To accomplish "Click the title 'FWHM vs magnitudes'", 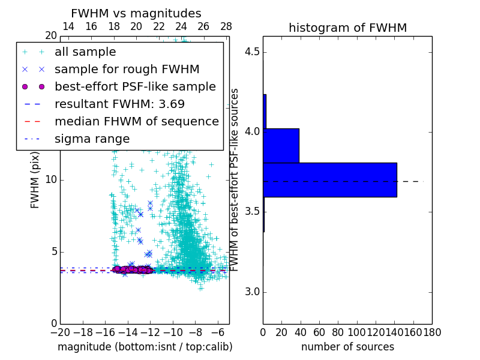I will click(136, 13).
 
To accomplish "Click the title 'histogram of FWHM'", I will click(347, 28).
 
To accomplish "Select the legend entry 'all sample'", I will click(85, 52).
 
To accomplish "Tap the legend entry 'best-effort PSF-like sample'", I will click(135, 86).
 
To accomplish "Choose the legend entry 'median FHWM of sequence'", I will click(136, 121).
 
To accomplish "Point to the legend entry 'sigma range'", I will click(92, 139).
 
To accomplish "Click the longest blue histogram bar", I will click(329, 179).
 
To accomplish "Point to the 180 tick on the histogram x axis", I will click(431, 332).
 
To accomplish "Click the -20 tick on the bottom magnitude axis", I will click(60, 332).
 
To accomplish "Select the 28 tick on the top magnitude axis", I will click(226, 26).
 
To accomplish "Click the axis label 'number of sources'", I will click(347, 347).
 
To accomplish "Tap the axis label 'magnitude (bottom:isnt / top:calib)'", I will click(145, 347).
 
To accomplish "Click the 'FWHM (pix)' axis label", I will click(35, 180).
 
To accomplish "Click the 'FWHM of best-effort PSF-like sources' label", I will click(235, 180).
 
